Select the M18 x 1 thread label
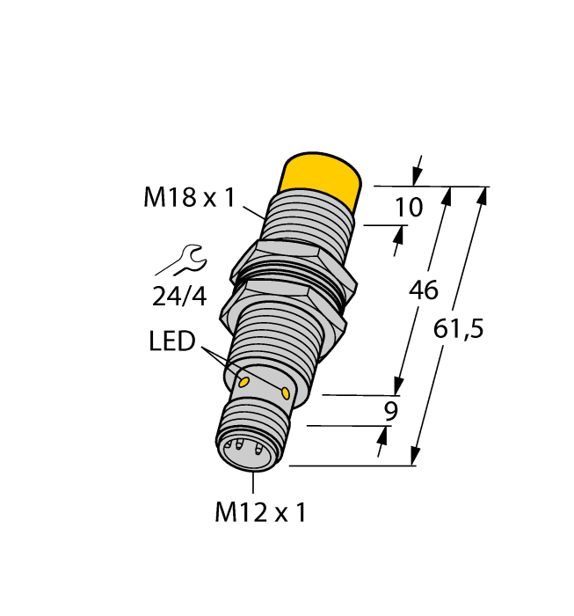pyautogui.click(x=189, y=198)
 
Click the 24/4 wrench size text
pyautogui.click(x=179, y=297)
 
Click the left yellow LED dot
pyautogui.click(x=243, y=382)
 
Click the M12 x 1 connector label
pyautogui.click(x=260, y=512)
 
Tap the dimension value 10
pyautogui.click(x=409, y=208)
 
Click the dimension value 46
pyautogui.click(x=424, y=290)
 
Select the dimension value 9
pyautogui.click(x=392, y=411)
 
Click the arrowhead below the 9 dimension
pyautogui.click(x=382, y=436)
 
